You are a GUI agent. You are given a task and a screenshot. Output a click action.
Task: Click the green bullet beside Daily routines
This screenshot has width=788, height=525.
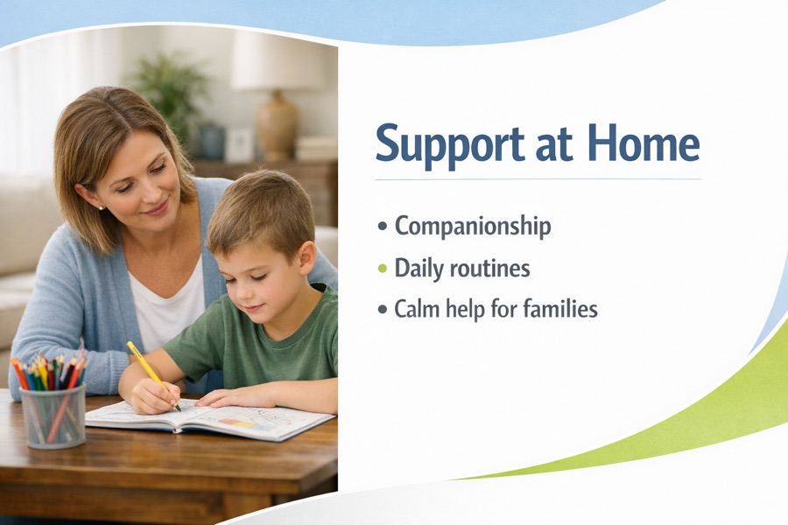click(x=383, y=269)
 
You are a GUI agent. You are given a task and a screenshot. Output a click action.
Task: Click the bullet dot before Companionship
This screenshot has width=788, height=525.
click(x=383, y=227)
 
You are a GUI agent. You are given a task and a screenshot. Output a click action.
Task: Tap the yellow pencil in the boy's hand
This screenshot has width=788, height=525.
click(x=153, y=375)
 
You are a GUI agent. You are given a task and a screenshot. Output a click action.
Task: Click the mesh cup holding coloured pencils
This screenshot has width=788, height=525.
click(x=53, y=416)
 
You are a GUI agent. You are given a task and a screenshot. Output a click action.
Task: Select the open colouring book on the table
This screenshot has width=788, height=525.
click(x=210, y=418)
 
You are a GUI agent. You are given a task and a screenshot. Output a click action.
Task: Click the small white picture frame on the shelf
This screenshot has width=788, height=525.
click(x=239, y=144)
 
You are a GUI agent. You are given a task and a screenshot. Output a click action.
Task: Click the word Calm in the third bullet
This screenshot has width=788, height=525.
click(x=415, y=308)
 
